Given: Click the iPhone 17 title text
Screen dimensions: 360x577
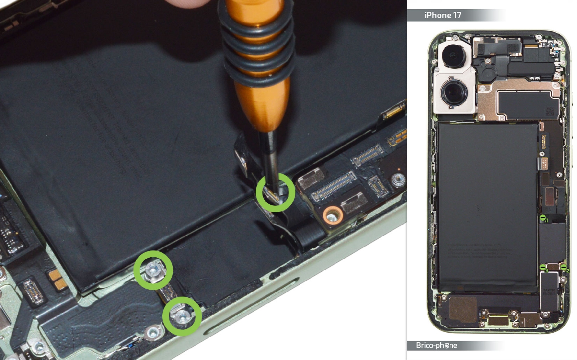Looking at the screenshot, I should [x=442, y=15].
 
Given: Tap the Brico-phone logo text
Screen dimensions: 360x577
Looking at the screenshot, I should [x=436, y=345].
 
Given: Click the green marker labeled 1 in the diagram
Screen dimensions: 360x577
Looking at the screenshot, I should [x=543, y=218].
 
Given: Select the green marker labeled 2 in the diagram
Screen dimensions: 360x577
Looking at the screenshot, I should [x=564, y=267].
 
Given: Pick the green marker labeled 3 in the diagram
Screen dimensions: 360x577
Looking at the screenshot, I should [x=543, y=267].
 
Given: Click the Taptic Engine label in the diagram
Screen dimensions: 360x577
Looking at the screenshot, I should [x=549, y=292].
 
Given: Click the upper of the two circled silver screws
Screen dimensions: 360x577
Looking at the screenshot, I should [x=153, y=270].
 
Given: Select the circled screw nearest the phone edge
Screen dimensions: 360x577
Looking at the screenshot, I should [x=182, y=316].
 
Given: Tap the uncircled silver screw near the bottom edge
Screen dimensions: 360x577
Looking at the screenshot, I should [x=153, y=333].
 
